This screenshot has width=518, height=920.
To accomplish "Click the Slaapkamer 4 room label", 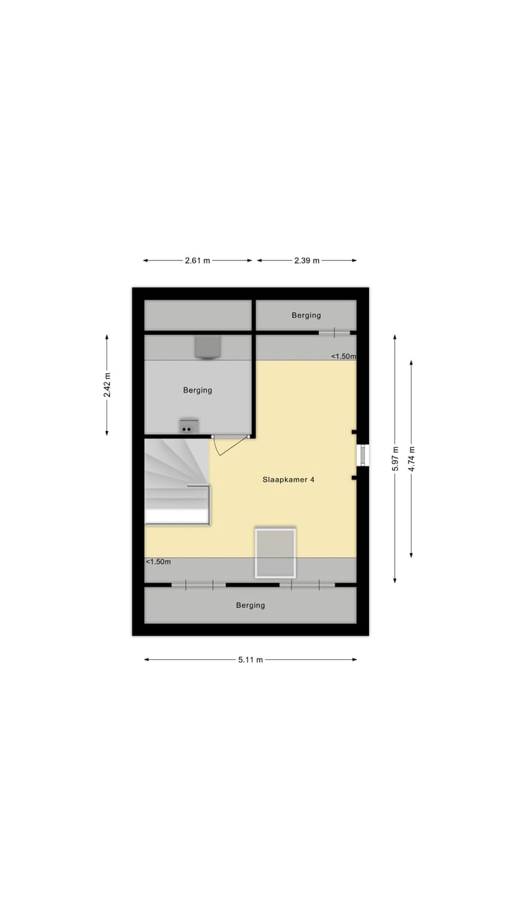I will tap(288, 480).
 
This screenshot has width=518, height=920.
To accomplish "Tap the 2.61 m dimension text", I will tap(197, 261).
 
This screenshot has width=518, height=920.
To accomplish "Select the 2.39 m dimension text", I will tap(306, 261).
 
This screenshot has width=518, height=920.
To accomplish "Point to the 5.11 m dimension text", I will tap(250, 660).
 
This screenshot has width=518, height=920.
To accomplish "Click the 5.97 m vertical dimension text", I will tap(395, 459).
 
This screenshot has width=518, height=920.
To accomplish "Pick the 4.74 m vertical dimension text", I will tap(412, 459).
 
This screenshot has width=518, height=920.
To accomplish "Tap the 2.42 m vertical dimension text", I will tap(107, 385).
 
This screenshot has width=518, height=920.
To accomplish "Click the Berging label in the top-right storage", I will tap(306, 315).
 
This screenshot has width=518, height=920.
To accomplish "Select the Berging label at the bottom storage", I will tap(250, 605).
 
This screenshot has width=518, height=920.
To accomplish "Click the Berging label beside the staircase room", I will tap(197, 390).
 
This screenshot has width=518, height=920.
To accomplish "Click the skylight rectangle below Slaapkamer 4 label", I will tap(276, 552).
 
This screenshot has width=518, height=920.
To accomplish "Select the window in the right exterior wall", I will tap(364, 456).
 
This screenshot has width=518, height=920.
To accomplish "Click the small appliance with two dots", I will tap(188, 426).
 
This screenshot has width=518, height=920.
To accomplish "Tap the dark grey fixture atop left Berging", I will tap(207, 346).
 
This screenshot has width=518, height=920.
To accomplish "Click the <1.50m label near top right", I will tap(343, 356).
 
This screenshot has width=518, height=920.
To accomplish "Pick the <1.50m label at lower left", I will tap(158, 562).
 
